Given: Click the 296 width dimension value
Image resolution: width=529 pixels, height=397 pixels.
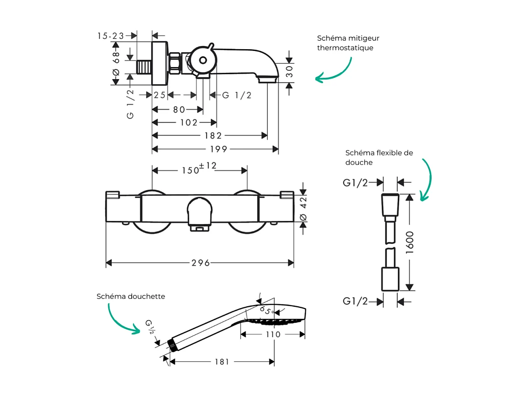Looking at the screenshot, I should pos(200,263).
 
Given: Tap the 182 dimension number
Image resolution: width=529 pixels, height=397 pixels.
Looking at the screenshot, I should pos(213,136).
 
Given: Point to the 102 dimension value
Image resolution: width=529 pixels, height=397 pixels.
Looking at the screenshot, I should pos(188,122).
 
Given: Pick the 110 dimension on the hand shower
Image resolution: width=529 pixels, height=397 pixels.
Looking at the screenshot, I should pos(273,334).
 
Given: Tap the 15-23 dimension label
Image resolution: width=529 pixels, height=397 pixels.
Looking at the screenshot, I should pos(111,36).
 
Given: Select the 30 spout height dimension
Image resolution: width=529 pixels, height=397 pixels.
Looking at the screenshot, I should pos(290,70).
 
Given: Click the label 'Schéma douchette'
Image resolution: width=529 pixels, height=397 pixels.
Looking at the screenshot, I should pos(131,296).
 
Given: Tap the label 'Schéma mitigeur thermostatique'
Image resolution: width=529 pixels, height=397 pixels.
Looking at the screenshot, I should pos(348,43).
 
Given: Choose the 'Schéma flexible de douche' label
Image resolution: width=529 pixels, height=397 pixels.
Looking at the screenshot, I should pos(379,157).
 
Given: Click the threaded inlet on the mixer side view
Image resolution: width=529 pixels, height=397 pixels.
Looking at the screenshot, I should pos(143,68).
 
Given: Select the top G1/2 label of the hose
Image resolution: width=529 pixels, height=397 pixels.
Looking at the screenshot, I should pos(355,182).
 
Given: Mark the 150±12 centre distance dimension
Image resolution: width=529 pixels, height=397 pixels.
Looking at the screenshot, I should pos(199,169).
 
